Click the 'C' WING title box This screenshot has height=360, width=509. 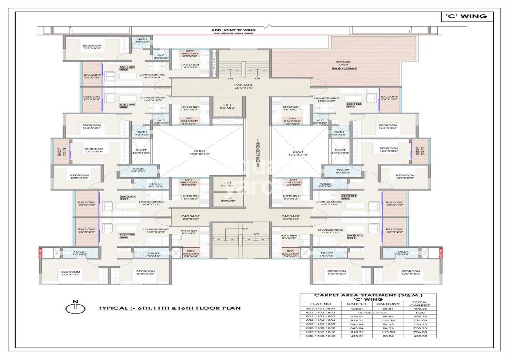467,16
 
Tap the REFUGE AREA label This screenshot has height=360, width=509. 343,63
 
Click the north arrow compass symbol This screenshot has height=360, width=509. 75,308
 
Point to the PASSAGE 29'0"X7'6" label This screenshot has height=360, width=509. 244,86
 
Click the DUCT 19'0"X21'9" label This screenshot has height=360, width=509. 199,152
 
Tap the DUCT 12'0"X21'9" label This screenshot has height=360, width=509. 298,153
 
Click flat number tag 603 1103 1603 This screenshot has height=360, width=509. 354,105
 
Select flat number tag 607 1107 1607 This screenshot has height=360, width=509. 128,198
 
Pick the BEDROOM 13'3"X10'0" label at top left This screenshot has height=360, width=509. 92,47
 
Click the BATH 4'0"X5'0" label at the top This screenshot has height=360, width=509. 142,40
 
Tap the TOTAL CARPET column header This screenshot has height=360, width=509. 420,304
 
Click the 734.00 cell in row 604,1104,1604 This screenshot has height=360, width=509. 420,320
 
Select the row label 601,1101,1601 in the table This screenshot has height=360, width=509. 320,309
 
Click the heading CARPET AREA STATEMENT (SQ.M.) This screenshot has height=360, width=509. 368,295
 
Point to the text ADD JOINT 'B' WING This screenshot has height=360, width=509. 233,30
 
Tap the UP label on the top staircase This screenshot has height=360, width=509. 258,78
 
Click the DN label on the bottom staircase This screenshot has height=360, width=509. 256,234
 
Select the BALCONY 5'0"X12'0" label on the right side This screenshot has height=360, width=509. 394,230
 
